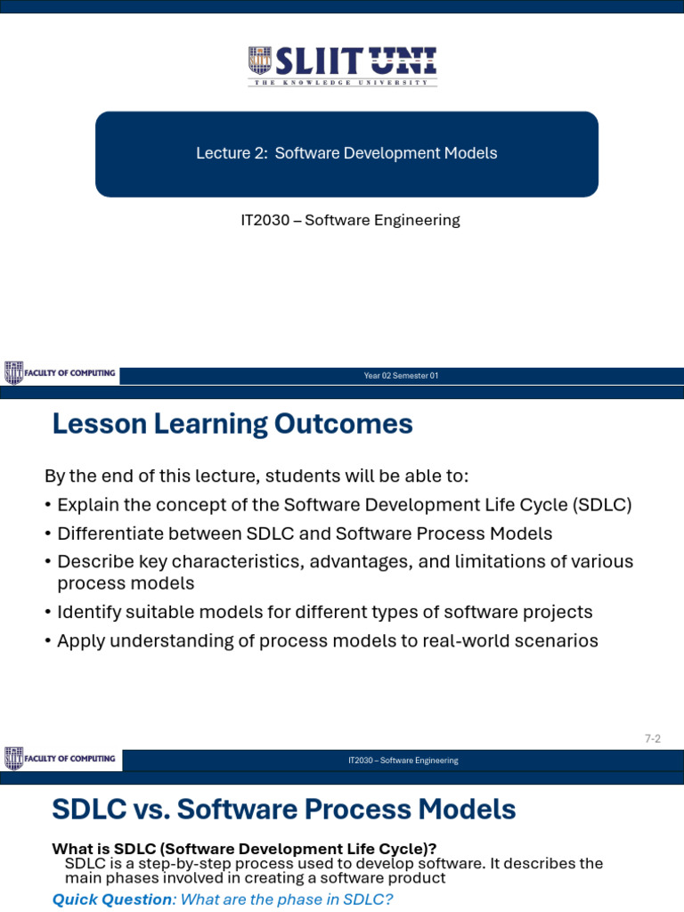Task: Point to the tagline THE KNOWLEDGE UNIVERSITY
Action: pyautogui.click(x=343, y=83)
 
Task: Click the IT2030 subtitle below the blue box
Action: pyautogui.click(x=350, y=220)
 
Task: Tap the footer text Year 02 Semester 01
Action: pyautogui.click(x=401, y=376)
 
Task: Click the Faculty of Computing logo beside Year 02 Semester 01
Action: pyautogui.click(x=61, y=373)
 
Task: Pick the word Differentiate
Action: pyautogui.click(x=110, y=533)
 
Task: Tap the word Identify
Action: pyautogui.click(x=87, y=612)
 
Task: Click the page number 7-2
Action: pyautogui.click(x=652, y=738)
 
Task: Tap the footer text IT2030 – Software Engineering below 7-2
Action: pyautogui.click(x=403, y=761)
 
